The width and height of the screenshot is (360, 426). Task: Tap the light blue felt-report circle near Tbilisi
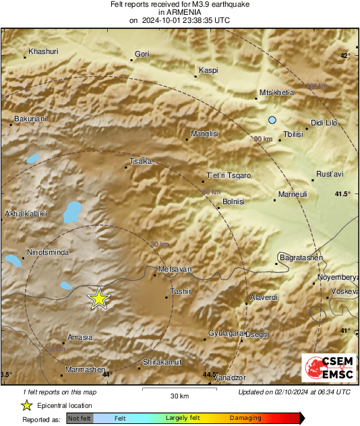(x=272, y=120)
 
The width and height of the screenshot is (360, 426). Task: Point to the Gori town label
(x=142, y=54)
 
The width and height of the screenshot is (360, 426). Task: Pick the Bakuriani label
(x=30, y=119)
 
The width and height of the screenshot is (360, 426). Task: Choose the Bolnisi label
(x=233, y=202)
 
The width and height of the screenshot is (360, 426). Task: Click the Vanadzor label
(x=230, y=378)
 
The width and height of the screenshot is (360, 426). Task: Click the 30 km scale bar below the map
(x=179, y=390)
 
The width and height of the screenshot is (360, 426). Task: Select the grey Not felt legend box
(x=80, y=419)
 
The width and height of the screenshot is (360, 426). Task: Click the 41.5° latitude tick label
(x=343, y=194)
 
